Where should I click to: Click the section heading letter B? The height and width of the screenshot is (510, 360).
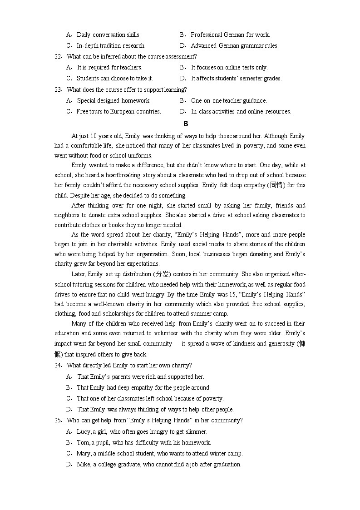click(x=185, y=124)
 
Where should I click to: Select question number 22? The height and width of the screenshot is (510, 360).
click(x=58, y=56)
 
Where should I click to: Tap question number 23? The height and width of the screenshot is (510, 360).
click(x=58, y=89)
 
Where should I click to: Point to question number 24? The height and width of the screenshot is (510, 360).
click(x=58, y=365)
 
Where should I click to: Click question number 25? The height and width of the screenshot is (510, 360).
click(x=58, y=420)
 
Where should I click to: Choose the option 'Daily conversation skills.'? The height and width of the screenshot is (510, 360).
click(x=108, y=35)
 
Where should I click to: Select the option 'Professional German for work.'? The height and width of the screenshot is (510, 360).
click(x=230, y=35)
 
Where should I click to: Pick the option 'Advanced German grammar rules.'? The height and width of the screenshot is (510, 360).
click(x=234, y=45)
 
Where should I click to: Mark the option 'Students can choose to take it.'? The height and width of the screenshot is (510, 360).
click(x=114, y=78)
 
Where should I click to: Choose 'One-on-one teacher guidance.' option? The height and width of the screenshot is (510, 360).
click(x=229, y=100)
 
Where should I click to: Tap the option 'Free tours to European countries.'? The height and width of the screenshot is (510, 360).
click(x=118, y=111)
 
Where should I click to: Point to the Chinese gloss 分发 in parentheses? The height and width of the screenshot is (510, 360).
click(x=162, y=274)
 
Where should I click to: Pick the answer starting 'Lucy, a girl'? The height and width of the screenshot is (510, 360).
click(x=142, y=431)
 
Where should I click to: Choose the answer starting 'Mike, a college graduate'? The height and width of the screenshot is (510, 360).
click(x=159, y=464)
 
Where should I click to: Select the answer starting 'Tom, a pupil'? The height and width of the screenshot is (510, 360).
click(x=144, y=442)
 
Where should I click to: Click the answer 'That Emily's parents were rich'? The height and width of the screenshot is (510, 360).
click(x=140, y=376)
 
